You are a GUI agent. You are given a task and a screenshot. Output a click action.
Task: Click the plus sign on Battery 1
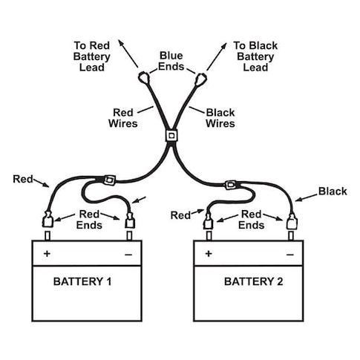click(47, 254)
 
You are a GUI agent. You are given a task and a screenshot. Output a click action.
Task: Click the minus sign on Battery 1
click(128, 255)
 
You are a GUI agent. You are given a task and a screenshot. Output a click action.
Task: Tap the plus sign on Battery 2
click(209, 254)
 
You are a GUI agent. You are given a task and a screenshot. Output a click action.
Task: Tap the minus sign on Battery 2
click(290, 255)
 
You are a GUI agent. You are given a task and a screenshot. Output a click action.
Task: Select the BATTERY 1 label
click(82, 281)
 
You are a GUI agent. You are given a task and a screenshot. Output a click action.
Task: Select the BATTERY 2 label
click(253, 281)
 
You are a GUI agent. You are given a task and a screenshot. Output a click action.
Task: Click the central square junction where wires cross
click(171, 136)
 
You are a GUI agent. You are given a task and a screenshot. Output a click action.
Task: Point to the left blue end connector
click(144, 78)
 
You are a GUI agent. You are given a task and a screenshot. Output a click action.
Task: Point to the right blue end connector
click(200, 79)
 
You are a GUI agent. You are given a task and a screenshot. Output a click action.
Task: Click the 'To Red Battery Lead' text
click(91, 56)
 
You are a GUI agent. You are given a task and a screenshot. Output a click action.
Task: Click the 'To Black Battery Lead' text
click(255, 56)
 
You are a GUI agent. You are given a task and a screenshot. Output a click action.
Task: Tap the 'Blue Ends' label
click(171, 61)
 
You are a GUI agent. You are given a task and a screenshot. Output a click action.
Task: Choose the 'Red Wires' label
click(123, 118)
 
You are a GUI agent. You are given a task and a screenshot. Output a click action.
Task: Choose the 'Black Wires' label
click(220, 118)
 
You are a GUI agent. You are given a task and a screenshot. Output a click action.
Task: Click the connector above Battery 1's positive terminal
click(48, 219)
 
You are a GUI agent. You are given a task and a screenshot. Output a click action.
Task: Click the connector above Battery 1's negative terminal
click(130, 220)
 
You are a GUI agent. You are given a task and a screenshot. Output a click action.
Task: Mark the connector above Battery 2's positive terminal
click(208, 221)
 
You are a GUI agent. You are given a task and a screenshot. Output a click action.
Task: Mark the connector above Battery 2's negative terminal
click(292, 222)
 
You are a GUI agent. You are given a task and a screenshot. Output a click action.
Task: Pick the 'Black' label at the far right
click(333, 192)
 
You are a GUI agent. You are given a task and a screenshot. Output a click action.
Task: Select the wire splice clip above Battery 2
click(230, 185)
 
